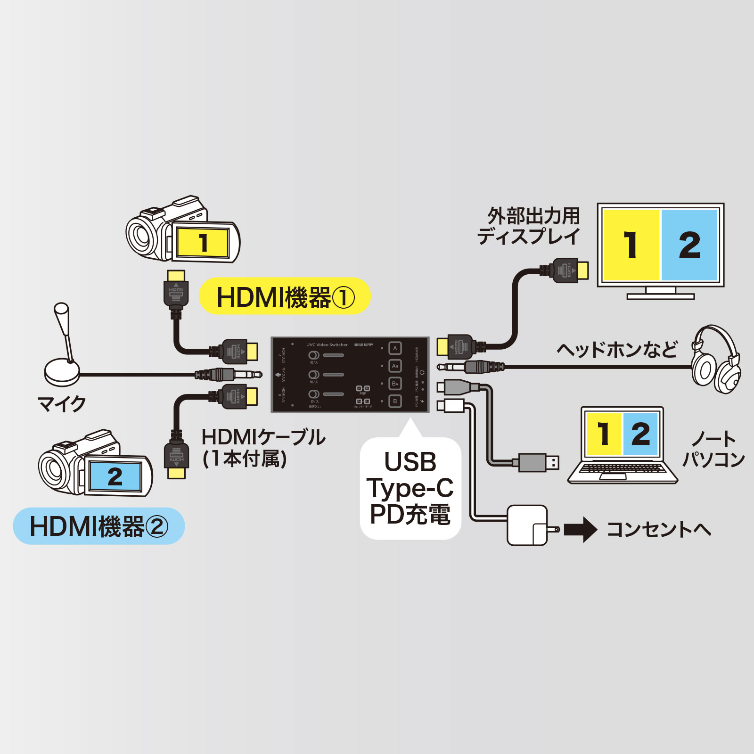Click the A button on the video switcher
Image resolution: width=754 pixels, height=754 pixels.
click(395, 348)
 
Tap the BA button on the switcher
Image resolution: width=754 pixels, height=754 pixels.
click(395, 384)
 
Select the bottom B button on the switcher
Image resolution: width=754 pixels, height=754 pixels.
click(395, 402)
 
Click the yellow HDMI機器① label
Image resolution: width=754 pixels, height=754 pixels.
click(285, 297)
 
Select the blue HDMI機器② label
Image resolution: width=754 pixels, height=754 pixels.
click(98, 526)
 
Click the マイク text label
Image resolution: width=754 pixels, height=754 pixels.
click(62, 404)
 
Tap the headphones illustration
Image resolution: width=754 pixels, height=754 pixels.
click(715, 361)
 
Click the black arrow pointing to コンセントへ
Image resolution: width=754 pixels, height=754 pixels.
click(580, 529)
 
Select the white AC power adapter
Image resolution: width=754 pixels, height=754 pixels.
click(528, 525)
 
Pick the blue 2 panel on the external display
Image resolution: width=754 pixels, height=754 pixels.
click(689, 245)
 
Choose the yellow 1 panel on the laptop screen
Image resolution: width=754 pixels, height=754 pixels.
click(603, 434)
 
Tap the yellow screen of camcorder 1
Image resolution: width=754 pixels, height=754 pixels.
click(203, 243)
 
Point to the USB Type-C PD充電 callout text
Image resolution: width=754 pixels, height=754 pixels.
click(410, 488)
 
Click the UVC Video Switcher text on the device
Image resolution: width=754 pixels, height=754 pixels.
click(327, 344)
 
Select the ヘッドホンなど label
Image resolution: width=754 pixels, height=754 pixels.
click(616, 350)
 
